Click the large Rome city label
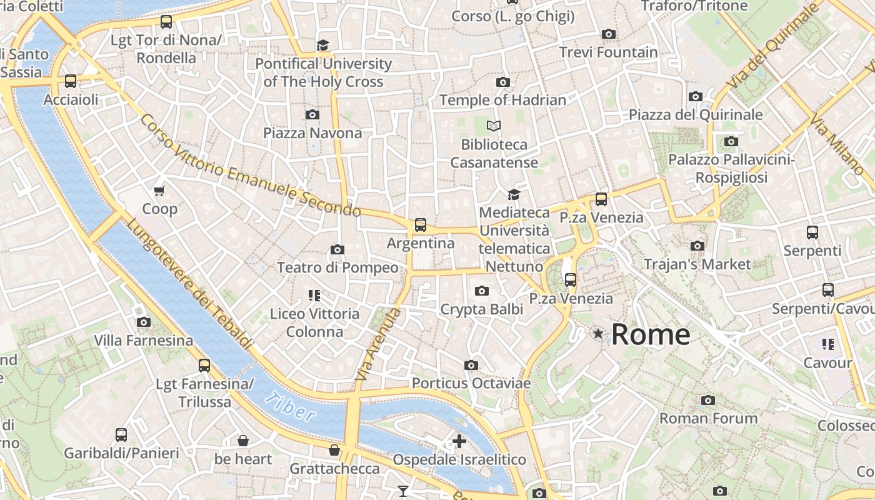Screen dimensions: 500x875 (650, 334)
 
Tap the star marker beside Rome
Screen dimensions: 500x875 (598, 334)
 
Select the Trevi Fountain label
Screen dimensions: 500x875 (608, 52)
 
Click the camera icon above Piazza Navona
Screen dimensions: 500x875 (312, 114)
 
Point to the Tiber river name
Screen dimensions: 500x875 (291, 407)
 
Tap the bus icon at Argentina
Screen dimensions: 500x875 (421, 225)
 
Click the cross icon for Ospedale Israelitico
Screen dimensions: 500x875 (459, 441)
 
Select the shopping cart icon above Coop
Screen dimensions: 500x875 (159, 191)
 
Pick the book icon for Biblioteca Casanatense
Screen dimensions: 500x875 (494, 126)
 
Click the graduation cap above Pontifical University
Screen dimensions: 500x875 (322, 45)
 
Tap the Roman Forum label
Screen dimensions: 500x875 (708, 417)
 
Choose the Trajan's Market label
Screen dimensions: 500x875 (697, 264)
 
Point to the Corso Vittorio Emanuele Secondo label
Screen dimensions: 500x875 (250, 166)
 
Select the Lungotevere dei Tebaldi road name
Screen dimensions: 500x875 (191, 284)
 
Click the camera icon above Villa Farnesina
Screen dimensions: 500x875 (144, 322)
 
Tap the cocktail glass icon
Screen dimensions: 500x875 (403, 491)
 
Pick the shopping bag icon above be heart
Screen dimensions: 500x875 (243, 441)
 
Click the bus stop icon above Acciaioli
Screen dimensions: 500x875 (71, 81)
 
